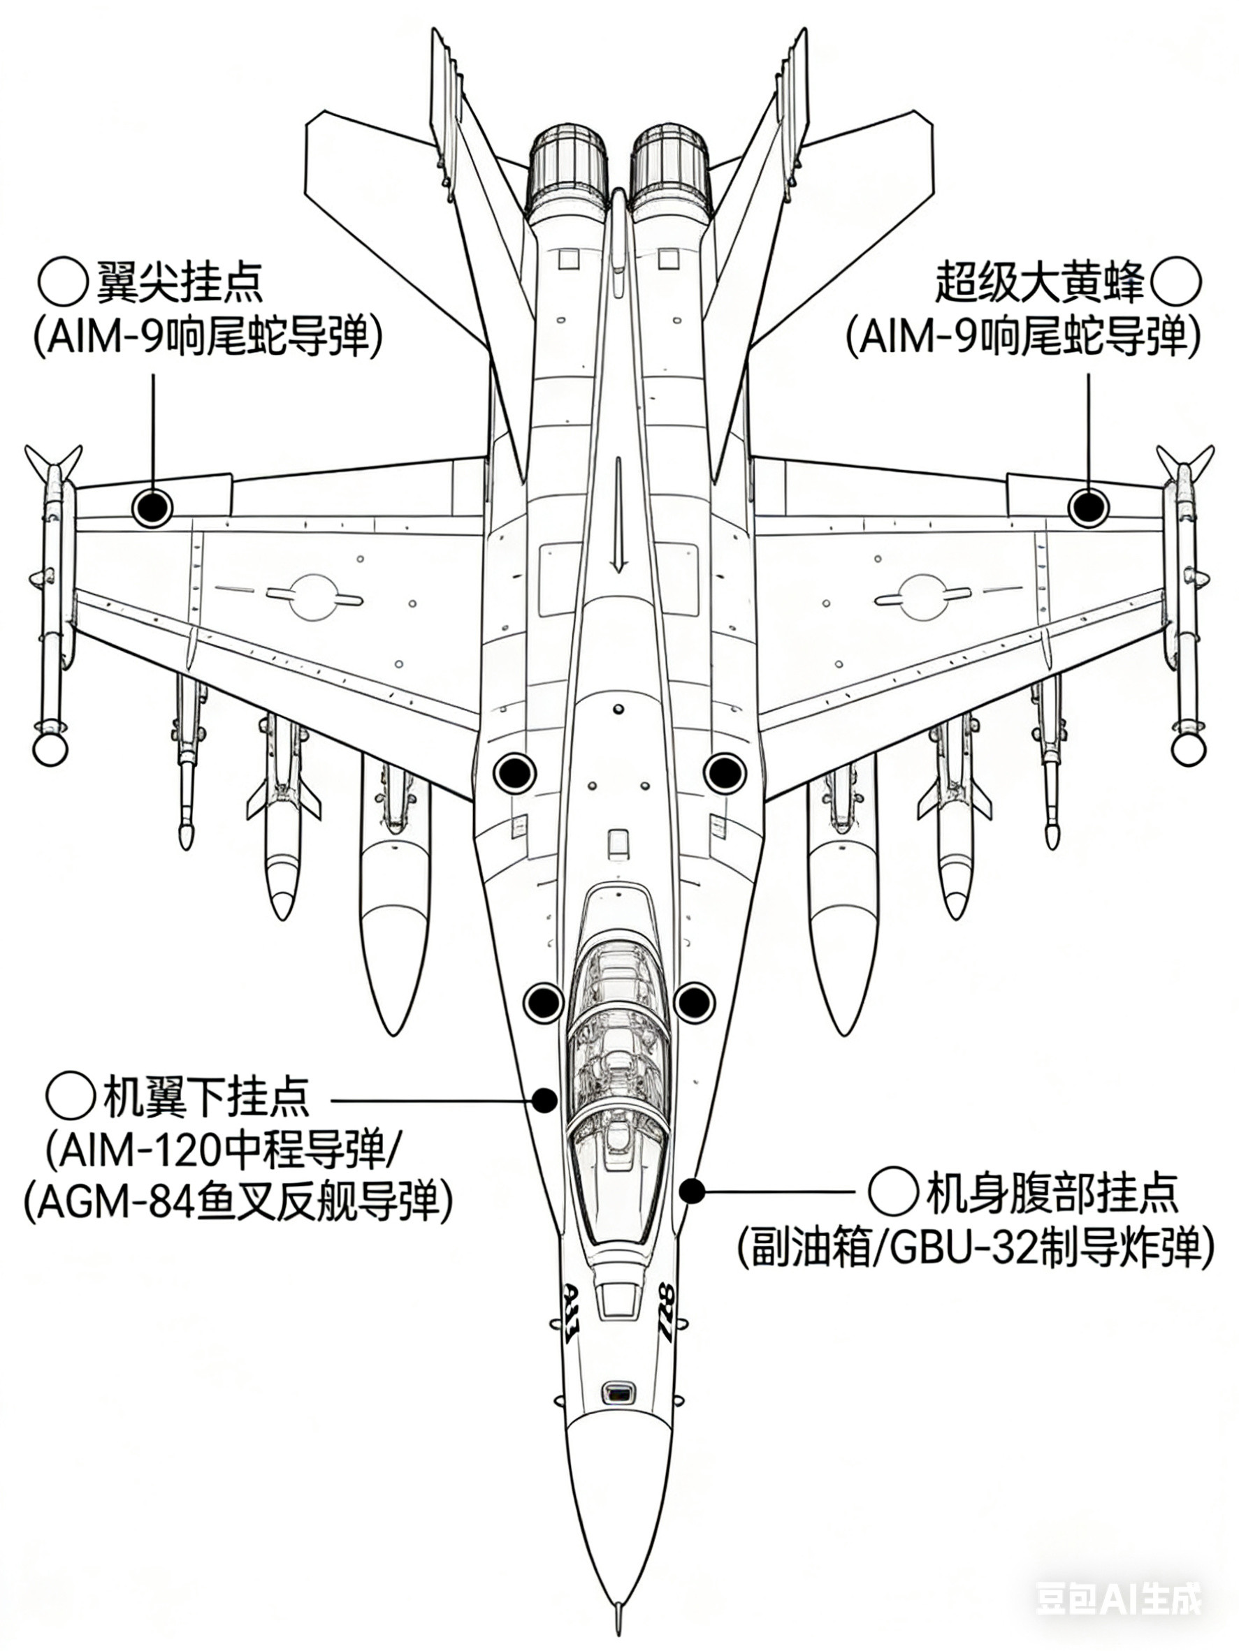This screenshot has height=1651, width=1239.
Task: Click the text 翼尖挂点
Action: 179,281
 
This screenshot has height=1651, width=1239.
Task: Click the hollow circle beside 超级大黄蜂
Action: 1176,283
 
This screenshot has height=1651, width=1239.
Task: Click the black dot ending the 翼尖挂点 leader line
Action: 152,508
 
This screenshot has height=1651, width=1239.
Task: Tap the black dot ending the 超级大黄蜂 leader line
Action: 1087,508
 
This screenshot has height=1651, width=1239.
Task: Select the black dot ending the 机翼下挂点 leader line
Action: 544,1100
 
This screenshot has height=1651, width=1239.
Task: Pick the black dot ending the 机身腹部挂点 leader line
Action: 692,1191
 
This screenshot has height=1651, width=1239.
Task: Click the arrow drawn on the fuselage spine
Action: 618,515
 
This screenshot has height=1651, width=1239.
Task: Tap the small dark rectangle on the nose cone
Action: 618,1392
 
